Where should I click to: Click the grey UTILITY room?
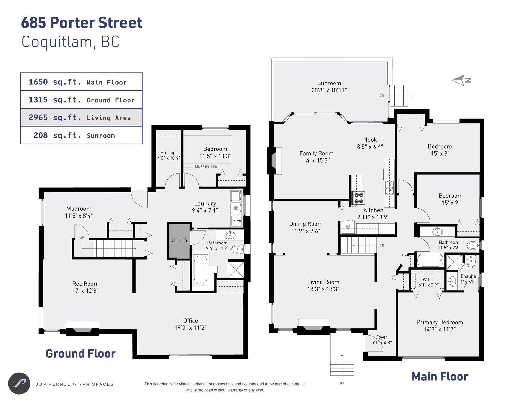coord(179,241)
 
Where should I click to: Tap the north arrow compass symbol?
coord(461,80)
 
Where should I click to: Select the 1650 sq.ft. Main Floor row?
coord(81,82)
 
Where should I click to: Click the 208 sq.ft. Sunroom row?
coord(81,135)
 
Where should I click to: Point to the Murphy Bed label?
coord(206,166)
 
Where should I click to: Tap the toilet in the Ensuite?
coord(471,262)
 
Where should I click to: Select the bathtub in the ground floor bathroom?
coord(200,270)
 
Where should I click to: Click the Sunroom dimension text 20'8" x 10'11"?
coord(329,90)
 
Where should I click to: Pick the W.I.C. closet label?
coord(428,279)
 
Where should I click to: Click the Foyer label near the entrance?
coord(381,337)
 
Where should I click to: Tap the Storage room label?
coord(169,153)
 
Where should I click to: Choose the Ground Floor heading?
coord(80,354)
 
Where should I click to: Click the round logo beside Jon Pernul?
coord(19,383)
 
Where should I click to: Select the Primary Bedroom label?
coord(440,322)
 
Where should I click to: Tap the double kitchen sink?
coord(389,187)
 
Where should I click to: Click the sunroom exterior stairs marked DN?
coord(399,96)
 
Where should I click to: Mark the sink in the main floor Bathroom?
coord(437,232)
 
